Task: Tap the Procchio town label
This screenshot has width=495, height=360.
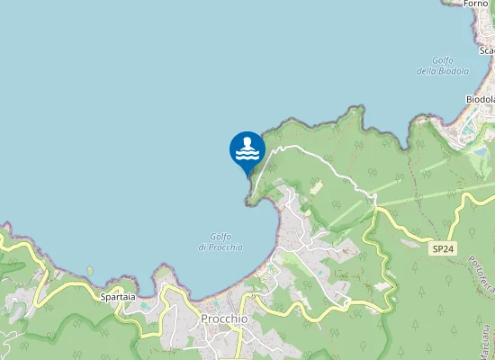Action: click(224, 319)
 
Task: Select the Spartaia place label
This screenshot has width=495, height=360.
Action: click(119, 296)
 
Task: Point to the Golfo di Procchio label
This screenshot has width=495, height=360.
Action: click(220, 242)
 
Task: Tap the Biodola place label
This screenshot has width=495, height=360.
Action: click(481, 99)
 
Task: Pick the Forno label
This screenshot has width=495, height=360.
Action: click(476, 4)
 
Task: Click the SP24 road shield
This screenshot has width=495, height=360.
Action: click(441, 247)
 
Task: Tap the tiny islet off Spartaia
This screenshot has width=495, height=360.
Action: click(90, 269)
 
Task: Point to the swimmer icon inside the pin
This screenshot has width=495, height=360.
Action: click(247, 144)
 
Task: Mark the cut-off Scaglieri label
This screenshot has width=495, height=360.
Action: click(486, 50)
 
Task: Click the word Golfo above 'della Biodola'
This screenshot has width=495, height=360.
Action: click(441, 60)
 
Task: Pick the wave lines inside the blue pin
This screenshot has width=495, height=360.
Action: click(247, 154)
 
